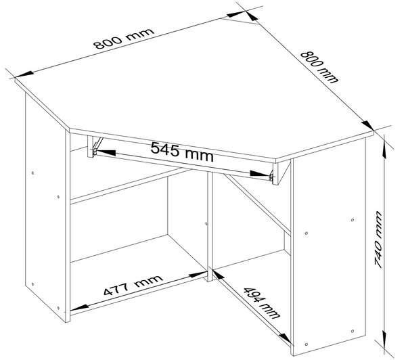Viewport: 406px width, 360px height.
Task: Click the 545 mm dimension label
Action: tap(182, 152)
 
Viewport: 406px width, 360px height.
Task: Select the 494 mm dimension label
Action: tap(262, 302)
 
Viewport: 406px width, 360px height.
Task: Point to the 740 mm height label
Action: tap(378, 240)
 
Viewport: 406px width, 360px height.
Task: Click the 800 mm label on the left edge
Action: tap(124, 39)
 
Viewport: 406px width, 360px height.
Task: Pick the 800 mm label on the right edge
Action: tap(319, 67)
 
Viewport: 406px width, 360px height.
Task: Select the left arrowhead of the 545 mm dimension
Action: tap(106, 152)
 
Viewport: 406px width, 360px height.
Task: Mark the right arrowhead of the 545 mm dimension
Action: tap(260, 173)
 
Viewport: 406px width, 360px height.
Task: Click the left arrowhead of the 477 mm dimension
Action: tap(79, 307)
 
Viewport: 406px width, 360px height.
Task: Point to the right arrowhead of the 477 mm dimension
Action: tap(198, 275)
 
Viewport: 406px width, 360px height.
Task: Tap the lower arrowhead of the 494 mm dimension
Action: tap(286, 338)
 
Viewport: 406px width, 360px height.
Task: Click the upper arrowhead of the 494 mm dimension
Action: tap(219, 275)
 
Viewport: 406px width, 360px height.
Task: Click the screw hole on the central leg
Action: tap(206, 223)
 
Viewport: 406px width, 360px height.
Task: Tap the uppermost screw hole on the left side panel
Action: tap(32, 173)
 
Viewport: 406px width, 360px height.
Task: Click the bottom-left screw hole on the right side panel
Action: tap(307, 344)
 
